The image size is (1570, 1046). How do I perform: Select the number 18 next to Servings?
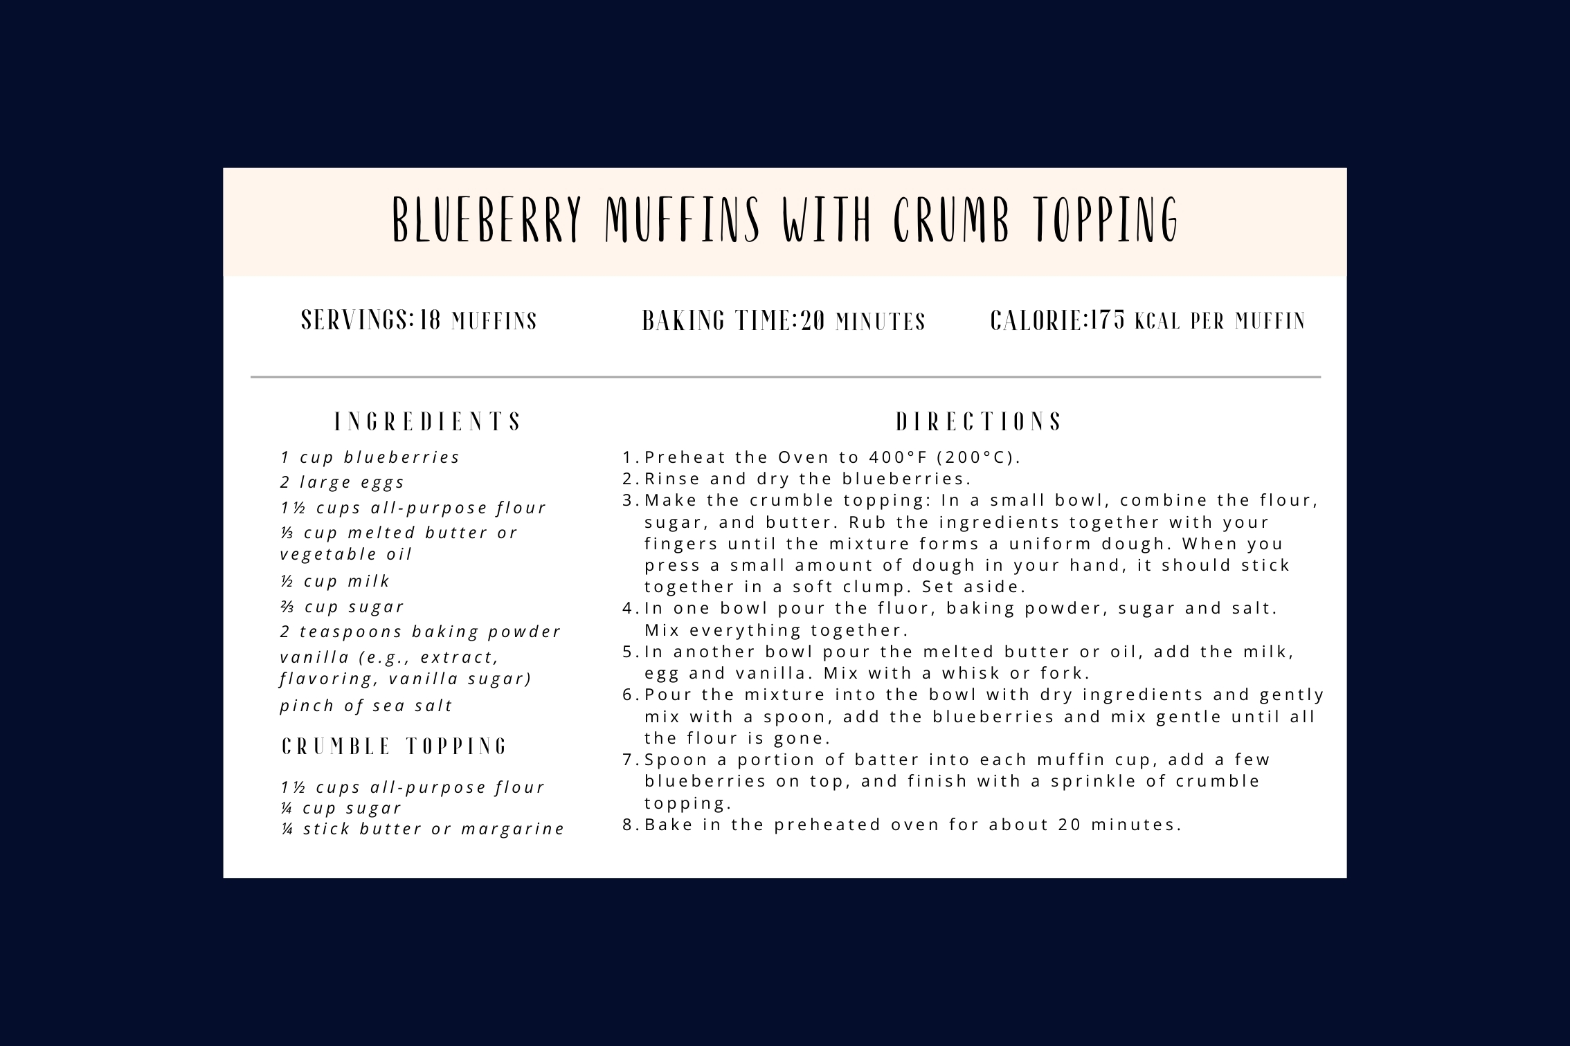430,320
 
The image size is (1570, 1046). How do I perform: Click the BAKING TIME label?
717,321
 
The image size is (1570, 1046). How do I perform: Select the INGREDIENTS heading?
428,422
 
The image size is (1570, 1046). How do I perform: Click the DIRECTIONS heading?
979,422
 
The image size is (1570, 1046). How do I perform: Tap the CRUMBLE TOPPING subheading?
395,746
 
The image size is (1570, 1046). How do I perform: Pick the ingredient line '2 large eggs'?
343,482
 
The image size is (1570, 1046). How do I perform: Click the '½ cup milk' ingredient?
336,581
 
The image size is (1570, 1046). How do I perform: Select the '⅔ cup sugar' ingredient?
342,607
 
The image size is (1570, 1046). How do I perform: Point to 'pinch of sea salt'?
366,706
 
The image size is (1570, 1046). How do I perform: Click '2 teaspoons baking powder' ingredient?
420,632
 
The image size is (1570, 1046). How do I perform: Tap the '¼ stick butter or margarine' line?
423,829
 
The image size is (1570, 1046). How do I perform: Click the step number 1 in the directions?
628,457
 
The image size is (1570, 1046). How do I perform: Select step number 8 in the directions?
628,825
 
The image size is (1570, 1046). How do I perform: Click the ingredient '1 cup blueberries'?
370,457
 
